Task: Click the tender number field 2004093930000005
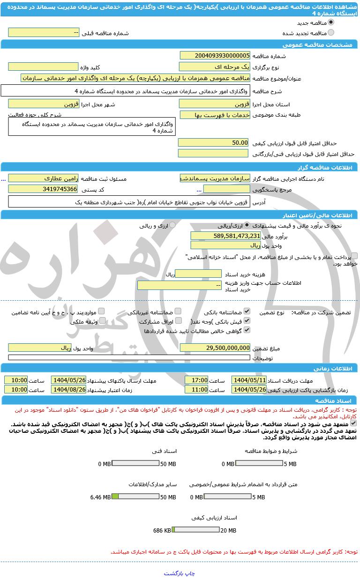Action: click(215, 56)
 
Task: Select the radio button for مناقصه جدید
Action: click(331, 22)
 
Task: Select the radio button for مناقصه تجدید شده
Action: click(331, 33)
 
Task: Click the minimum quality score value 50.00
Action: click(214, 142)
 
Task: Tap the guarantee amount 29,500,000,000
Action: click(215, 348)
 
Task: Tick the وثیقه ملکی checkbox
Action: click(102, 321)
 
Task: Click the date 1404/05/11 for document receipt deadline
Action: click(249, 380)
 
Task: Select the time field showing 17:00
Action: click(196, 380)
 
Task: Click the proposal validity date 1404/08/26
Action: click(68, 389)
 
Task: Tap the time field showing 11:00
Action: click(196, 389)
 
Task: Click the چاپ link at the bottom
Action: click(189, 573)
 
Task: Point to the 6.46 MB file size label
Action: click(100, 497)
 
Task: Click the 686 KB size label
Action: click(162, 531)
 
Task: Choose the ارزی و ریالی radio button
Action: click(172, 225)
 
